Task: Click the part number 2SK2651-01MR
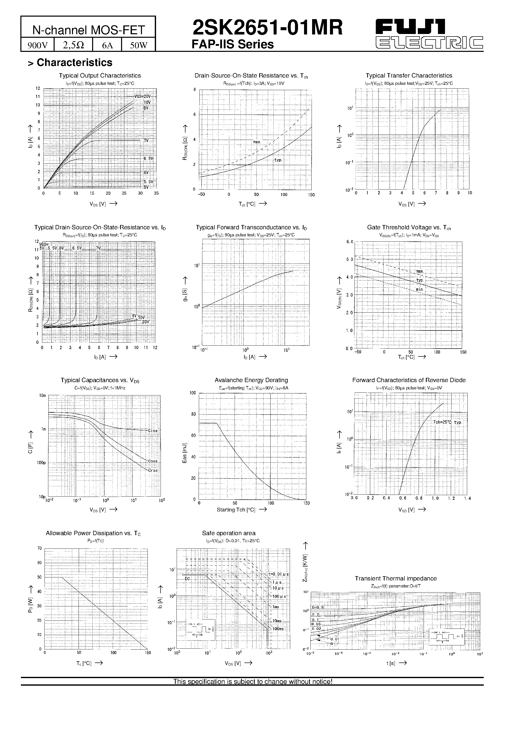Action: point(267,28)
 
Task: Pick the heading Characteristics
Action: point(75,62)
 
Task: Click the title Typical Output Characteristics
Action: point(100,76)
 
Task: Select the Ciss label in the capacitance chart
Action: point(153,431)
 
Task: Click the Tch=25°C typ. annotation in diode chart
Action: point(447,422)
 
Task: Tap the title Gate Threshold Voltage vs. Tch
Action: point(409,228)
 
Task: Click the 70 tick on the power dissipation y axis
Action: point(40,548)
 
